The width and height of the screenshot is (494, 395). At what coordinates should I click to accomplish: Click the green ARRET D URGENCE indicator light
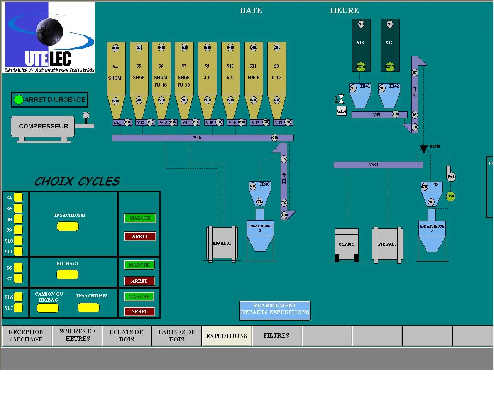pyautogui.click(x=18, y=100)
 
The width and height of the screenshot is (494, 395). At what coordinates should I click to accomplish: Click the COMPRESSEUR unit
pyautogui.click(x=43, y=127)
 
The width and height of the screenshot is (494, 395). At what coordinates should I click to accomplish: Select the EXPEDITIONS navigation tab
pyautogui.click(x=227, y=336)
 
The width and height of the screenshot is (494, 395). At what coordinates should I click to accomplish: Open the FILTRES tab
pyautogui.click(x=276, y=336)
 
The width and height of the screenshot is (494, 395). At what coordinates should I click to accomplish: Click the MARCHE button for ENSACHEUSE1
pyautogui.click(x=140, y=218)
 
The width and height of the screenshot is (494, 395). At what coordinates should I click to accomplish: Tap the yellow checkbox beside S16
pyautogui.click(x=18, y=297)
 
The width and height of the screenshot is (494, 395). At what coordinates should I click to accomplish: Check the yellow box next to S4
pyautogui.click(x=18, y=197)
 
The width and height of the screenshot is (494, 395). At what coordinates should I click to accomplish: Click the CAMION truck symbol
pyautogui.click(x=347, y=245)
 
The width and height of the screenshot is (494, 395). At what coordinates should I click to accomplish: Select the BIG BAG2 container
pyautogui.click(x=387, y=245)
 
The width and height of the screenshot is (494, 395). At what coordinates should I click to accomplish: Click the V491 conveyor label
pyautogui.click(x=374, y=165)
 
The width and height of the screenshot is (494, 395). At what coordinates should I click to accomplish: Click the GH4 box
pyautogui.click(x=342, y=111)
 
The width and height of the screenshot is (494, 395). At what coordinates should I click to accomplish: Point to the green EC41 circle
pyautogui.click(x=450, y=196)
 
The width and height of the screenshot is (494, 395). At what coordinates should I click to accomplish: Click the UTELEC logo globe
pyautogui.click(x=50, y=30)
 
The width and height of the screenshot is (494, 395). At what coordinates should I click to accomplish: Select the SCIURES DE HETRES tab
pyautogui.click(x=77, y=335)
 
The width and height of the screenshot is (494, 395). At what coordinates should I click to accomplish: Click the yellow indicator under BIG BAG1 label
pyautogui.click(x=67, y=275)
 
